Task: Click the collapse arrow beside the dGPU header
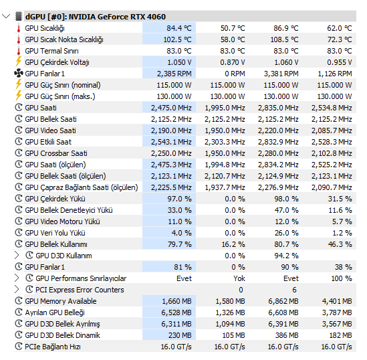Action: point(6,17)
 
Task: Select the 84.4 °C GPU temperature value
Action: point(178,28)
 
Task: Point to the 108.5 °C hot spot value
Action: point(284,39)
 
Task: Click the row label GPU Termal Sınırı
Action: point(51,51)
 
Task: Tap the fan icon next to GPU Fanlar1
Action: point(19,74)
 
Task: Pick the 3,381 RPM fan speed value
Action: point(281,74)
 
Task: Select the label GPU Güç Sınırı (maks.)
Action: point(60,96)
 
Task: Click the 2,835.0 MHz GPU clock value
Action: point(278,108)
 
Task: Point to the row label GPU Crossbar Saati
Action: point(56,153)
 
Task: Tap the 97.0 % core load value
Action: point(179,199)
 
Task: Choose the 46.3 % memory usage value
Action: point(340,244)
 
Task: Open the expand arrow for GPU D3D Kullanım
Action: point(17,256)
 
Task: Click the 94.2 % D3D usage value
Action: point(287,256)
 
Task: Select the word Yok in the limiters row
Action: point(239,278)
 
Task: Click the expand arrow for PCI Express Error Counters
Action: point(17,290)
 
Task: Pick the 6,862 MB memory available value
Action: point(283,301)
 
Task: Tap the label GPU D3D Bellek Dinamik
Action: point(62,335)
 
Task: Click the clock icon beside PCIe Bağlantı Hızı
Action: point(19,347)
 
